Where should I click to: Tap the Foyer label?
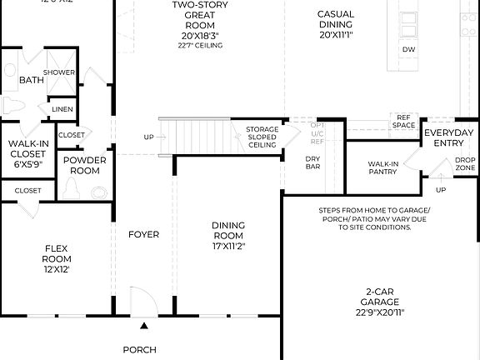tap(143, 234)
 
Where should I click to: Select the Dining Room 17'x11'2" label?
tap(228, 234)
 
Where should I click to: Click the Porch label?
tap(140, 350)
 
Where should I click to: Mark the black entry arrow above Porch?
tap(143, 327)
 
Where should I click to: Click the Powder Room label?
tap(84, 165)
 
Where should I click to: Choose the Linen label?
tap(62, 109)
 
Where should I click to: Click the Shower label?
tap(59, 72)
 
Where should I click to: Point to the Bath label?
tap(32, 80)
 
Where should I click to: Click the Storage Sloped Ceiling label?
tap(262, 137)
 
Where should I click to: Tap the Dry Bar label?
tap(313, 163)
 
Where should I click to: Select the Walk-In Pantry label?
tap(382, 167)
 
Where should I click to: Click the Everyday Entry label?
tap(449, 138)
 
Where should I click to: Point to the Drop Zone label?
tap(465, 163)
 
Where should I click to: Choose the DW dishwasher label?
tap(409, 50)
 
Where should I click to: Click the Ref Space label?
tap(404, 122)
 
